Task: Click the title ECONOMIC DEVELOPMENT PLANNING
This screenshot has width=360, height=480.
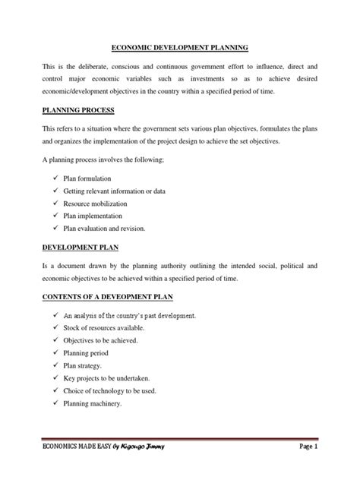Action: point(180,46)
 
